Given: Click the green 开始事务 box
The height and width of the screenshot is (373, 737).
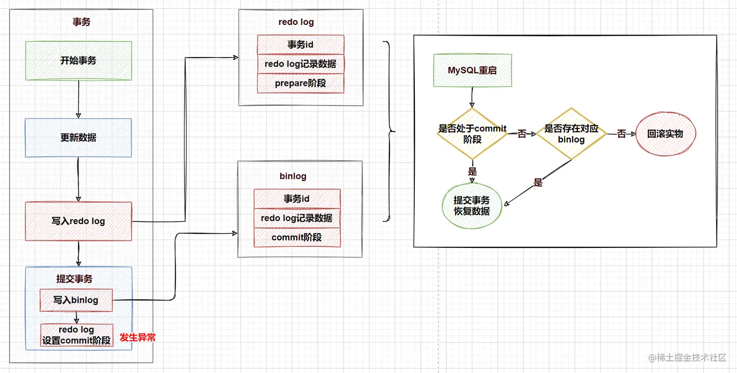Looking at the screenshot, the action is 78,60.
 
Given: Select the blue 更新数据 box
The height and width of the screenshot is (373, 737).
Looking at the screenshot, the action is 78,138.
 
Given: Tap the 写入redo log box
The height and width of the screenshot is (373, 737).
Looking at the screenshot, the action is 78,221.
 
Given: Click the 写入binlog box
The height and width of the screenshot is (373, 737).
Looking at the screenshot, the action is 76,300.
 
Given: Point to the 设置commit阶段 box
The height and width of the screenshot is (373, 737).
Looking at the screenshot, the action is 77,335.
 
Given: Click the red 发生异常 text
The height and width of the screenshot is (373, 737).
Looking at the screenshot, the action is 137,337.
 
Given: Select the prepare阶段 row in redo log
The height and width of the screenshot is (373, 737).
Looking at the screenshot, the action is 300,83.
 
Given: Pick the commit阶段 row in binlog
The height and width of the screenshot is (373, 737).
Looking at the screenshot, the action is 297,237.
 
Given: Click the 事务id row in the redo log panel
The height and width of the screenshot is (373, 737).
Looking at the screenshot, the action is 300,44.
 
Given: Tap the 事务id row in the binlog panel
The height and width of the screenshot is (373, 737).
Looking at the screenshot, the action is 297,199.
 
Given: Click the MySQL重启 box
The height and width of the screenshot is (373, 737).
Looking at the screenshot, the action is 472,70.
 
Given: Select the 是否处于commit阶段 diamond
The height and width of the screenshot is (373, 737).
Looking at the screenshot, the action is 472,134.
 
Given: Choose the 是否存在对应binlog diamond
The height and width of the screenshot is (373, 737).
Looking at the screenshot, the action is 571,134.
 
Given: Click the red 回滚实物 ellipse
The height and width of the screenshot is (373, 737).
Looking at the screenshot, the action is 665,134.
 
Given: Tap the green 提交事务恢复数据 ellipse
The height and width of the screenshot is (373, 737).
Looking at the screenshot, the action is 472,205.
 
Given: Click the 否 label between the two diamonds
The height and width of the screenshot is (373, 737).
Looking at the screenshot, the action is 522,134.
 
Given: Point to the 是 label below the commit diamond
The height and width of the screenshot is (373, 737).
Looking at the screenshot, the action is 472,171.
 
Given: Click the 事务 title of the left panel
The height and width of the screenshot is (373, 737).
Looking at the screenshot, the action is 81,22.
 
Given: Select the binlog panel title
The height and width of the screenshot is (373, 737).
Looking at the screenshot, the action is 293,176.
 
